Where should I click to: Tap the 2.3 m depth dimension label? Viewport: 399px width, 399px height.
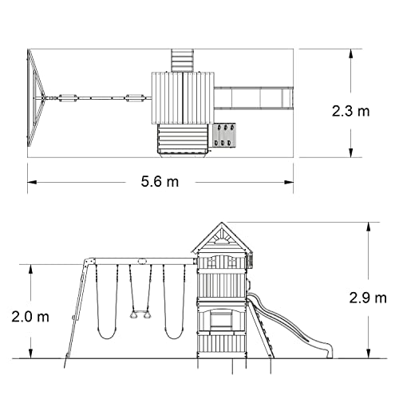(x=352, y=110)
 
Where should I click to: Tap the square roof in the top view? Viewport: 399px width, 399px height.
(x=181, y=98)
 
